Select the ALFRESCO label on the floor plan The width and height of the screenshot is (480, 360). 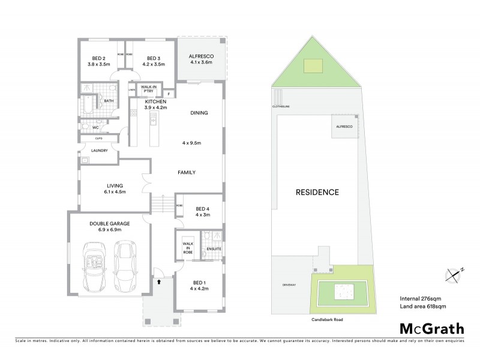(x=201, y=53)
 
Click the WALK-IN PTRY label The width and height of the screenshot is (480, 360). (x=149, y=89)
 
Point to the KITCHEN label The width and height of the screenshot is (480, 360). (x=155, y=101)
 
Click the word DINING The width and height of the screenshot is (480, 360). (x=199, y=112)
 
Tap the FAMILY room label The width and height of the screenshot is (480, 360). (x=187, y=172)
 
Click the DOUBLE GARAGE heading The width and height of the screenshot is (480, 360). (x=106, y=223)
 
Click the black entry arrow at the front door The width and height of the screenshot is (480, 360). (x=159, y=280)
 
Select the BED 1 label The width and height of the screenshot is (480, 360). (x=199, y=282)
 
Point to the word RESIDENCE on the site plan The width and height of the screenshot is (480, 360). (x=317, y=193)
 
